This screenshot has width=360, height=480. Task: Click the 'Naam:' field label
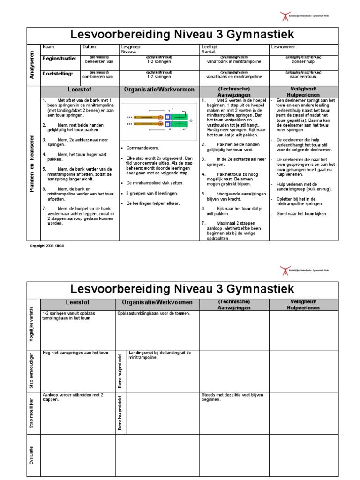click(x=49, y=47)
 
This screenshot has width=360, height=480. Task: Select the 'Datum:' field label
click(x=90, y=47)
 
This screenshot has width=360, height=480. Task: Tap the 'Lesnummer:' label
click(x=284, y=47)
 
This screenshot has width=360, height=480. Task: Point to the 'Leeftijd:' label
click(x=210, y=47)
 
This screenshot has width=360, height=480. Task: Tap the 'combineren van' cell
click(x=99, y=76)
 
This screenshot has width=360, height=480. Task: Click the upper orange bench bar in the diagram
click(x=148, y=117)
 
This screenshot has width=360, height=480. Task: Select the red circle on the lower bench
click(x=160, y=124)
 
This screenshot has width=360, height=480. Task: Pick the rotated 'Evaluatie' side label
click(x=31, y=455)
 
